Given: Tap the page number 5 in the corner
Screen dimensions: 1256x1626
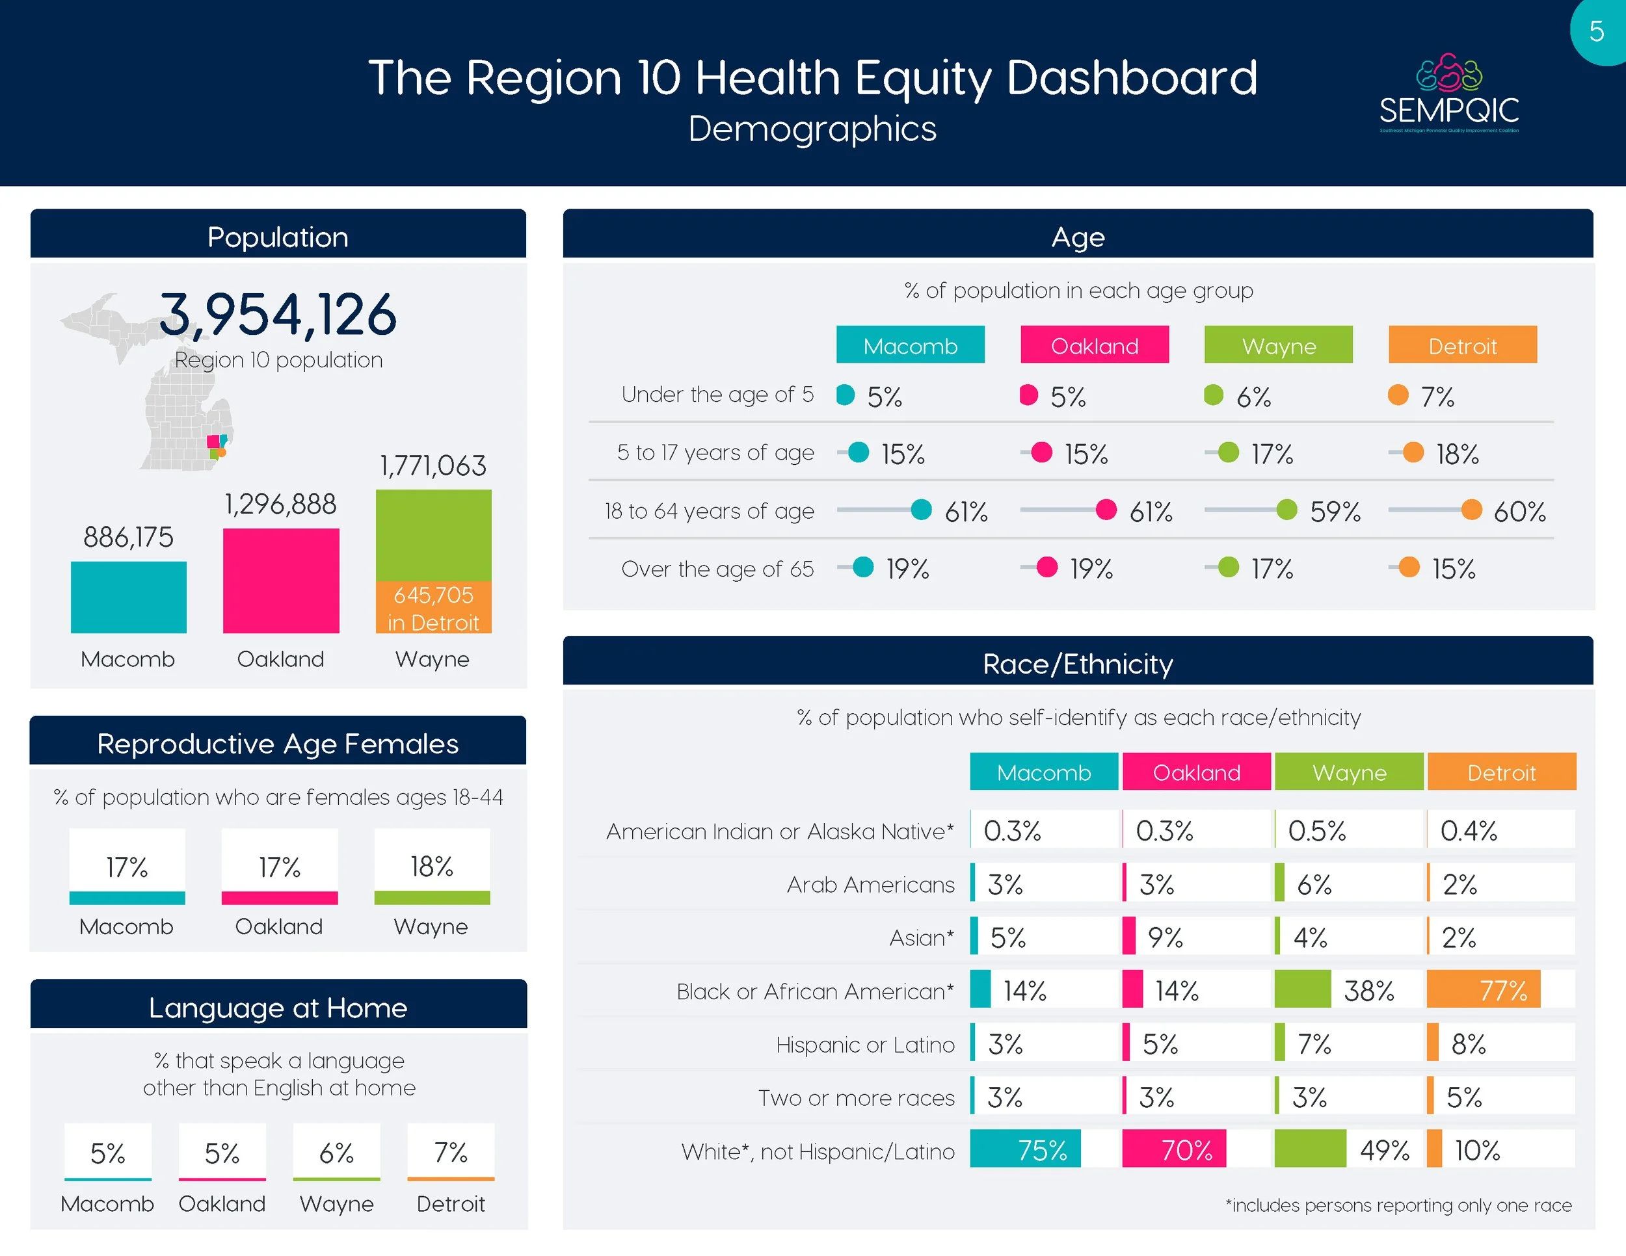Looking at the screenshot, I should point(1596,31).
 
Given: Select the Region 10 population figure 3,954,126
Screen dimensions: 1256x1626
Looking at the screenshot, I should point(278,314).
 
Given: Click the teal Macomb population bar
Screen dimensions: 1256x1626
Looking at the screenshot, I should point(128,597).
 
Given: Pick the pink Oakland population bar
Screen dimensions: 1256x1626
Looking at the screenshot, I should point(281,581).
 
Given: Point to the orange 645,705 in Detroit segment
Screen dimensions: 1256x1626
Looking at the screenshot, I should point(433,607).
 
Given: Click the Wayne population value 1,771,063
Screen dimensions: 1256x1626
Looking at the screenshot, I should point(433,465).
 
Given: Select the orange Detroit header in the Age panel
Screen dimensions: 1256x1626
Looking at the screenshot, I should point(1462,345).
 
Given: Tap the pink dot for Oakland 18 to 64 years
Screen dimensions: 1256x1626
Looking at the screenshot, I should point(1106,510).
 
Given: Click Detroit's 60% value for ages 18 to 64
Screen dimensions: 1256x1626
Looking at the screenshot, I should point(1519,511).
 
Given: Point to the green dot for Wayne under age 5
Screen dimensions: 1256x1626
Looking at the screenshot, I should point(1214,395).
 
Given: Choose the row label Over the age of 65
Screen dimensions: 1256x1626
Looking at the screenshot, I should point(717,569).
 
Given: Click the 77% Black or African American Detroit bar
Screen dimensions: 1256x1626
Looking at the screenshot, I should point(1483,990).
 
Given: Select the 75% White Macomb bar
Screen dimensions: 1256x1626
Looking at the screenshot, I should point(1025,1150).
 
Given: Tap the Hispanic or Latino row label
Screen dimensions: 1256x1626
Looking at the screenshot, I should point(864,1045).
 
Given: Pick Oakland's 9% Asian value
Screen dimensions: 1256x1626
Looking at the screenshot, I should point(1165,937).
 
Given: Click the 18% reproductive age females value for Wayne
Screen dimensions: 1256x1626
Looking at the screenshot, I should point(432,866).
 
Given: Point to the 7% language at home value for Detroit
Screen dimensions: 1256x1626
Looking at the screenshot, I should point(451,1153).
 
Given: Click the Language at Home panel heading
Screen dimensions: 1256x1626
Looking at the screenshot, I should point(278,1008).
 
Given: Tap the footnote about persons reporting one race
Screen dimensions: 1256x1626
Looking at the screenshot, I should point(1398,1205).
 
